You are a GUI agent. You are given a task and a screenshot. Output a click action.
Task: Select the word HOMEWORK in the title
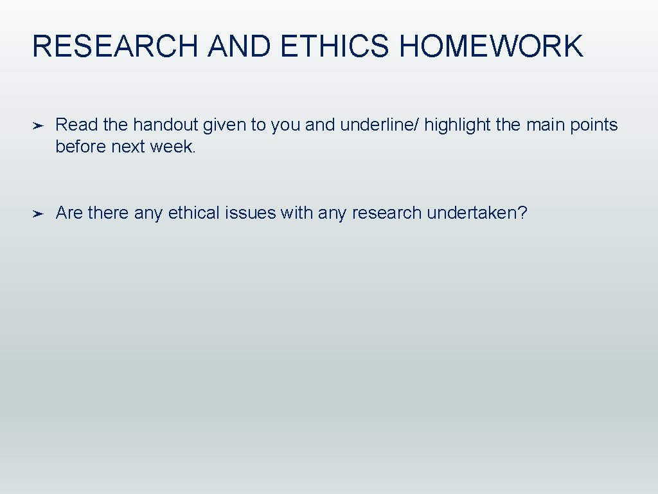[491, 47]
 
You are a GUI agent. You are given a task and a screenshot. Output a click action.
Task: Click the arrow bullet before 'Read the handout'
[38, 125]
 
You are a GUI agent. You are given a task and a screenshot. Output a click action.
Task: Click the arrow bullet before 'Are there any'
[38, 214]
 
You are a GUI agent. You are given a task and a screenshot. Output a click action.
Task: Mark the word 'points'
[594, 125]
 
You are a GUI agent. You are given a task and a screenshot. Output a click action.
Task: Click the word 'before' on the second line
[81, 147]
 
